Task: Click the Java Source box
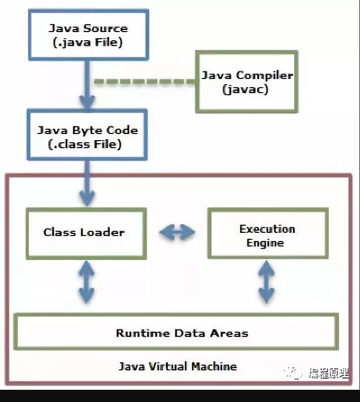pyautogui.click(x=87, y=35)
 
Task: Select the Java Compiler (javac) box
pyautogui.click(x=247, y=82)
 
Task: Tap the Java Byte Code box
pyautogui.click(x=87, y=137)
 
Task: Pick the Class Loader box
pyautogui.click(x=84, y=232)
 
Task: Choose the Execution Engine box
pyautogui.click(x=267, y=235)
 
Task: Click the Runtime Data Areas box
pyautogui.click(x=177, y=333)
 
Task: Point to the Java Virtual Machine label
pyautogui.click(x=177, y=366)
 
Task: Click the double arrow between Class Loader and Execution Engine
pyautogui.click(x=177, y=233)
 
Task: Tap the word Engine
pyautogui.click(x=265, y=243)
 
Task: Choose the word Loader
pyautogui.click(x=104, y=232)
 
